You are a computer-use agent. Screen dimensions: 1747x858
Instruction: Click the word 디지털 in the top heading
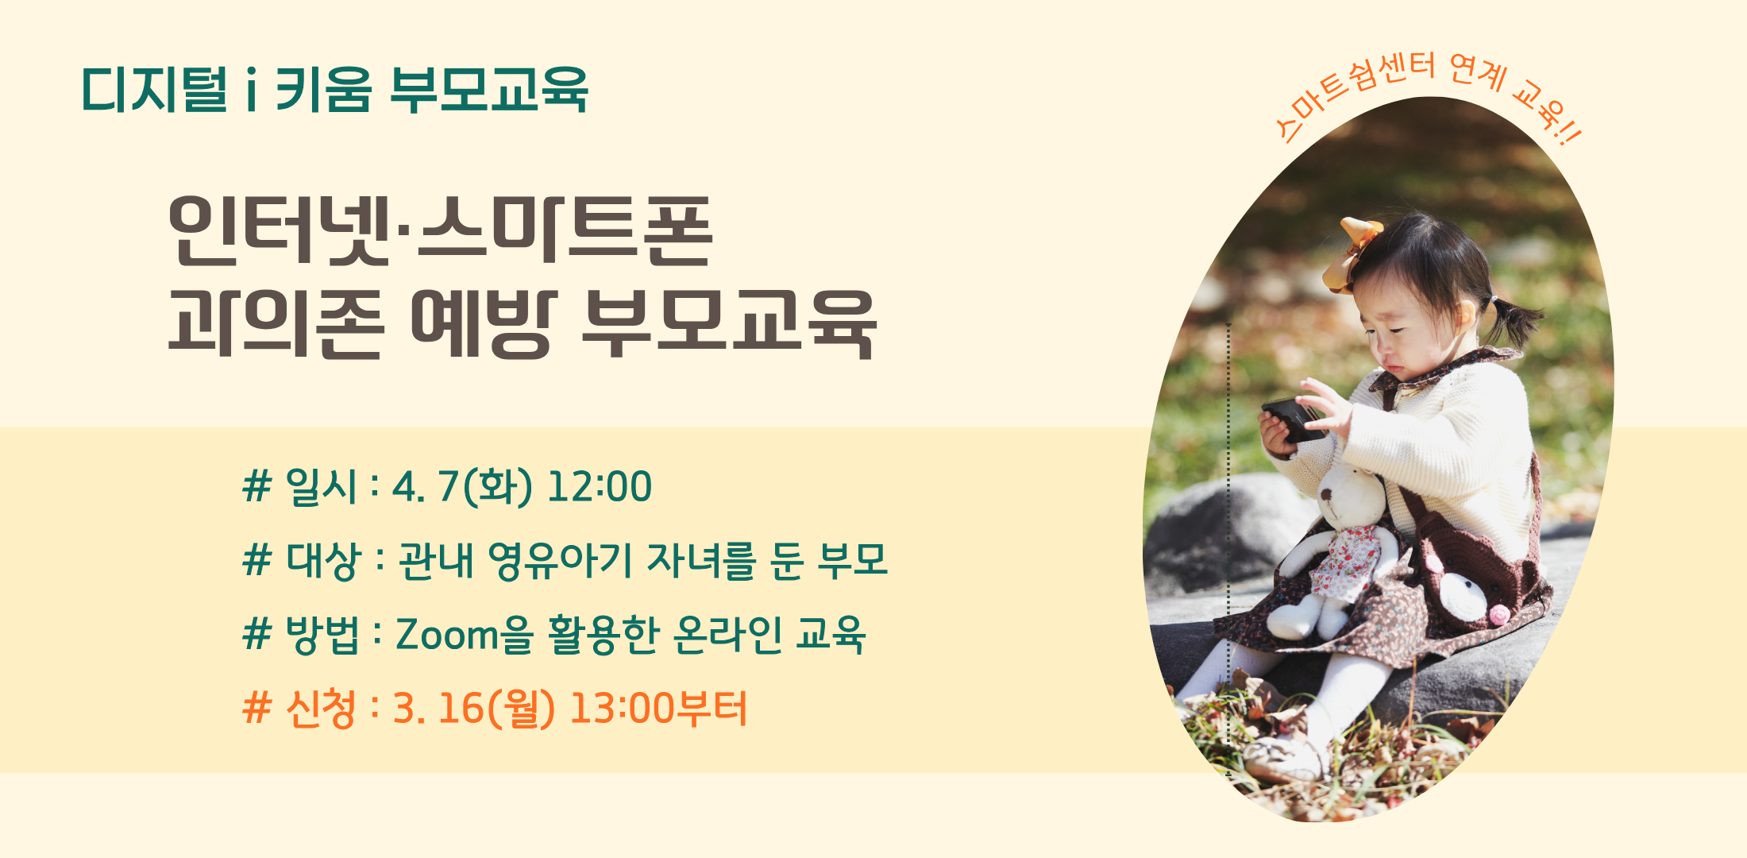(154, 89)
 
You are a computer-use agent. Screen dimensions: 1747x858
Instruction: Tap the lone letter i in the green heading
(251, 89)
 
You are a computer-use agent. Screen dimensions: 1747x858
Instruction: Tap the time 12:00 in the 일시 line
(600, 487)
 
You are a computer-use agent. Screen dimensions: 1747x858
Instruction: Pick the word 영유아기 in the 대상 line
(560, 561)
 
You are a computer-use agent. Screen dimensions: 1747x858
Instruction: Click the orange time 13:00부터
(658, 709)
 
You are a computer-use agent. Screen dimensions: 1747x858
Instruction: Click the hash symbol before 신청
(257, 709)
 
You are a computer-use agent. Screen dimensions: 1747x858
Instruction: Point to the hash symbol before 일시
(257, 487)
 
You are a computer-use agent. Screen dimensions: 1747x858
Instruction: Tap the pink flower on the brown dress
(1498, 613)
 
